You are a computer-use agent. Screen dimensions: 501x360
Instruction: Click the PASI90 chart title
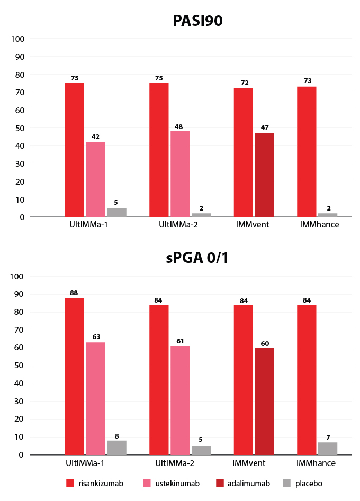coord(197,21)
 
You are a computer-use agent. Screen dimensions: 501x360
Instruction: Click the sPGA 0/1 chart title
coord(197,259)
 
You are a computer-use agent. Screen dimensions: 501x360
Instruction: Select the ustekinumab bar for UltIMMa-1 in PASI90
coord(96,179)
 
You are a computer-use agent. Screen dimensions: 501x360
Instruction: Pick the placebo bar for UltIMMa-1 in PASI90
coord(117,212)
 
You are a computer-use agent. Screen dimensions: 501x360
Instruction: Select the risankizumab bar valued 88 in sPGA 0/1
coord(75,376)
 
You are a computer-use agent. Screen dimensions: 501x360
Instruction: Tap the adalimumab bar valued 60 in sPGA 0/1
coord(264,401)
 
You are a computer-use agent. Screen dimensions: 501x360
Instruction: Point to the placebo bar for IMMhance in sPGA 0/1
coord(328,448)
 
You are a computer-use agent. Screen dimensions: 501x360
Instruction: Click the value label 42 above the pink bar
coord(96,137)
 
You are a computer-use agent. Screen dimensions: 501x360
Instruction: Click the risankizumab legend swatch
coord(70,483)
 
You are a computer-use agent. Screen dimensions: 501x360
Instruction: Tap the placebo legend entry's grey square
coord(286,483)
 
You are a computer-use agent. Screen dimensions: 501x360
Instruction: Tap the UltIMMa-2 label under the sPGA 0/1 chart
coord(169,463)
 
